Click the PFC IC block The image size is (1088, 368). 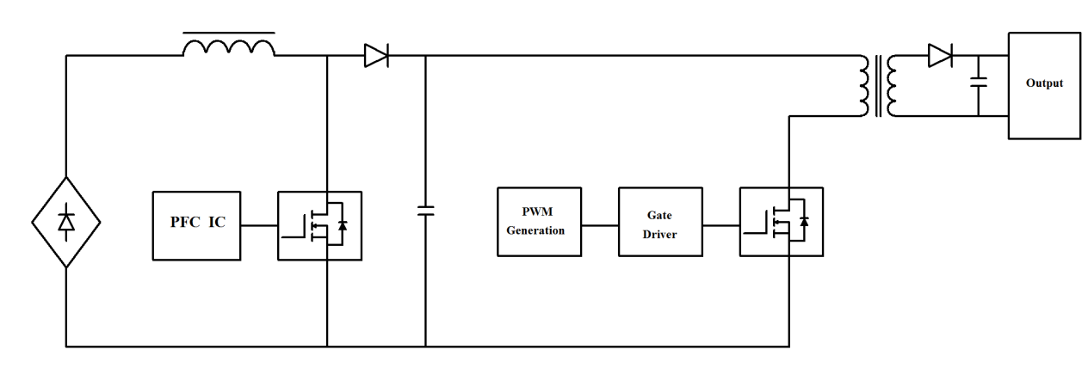click(x=197, y=224)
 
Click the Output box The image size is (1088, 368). click(x=1043, y=84)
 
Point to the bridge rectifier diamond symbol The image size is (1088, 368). click(x=66, y=222)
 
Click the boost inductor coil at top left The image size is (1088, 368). click(x=230, y=47)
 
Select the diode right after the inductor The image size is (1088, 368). click(x=376, y=57)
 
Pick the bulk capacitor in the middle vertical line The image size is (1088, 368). click(x=425, y=211)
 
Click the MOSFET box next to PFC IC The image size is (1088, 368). click(x=319, y=224)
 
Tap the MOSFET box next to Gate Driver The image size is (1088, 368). click(x=782, y=222)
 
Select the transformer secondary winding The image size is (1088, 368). click(x=893, y=86)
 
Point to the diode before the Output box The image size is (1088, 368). click(x=940, y=57)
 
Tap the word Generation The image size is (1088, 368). click(x=535, y=230)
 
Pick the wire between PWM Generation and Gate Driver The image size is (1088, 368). click(x=601, y=225)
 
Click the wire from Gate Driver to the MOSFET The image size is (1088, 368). click(x=721, y=225)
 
